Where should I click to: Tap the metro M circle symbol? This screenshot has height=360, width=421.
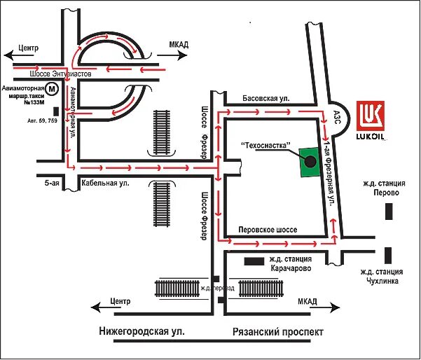[x=51, y=89]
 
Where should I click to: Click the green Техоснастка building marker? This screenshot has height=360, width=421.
[x=309, y=162]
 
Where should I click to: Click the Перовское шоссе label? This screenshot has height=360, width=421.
[x=268, y=230]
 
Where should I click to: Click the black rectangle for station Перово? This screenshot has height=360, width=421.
[x=390, y=211]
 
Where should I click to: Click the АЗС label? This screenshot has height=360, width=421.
[x=337, y=116]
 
